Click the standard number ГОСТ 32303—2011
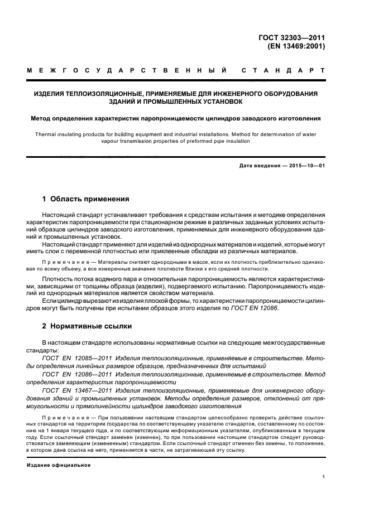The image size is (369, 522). [292, 38]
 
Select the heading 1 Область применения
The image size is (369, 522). [86, 199]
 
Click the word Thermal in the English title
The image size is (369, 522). [47, 134]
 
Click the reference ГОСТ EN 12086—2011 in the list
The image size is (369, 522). [73, 374]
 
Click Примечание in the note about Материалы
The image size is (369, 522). [63, 262]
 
